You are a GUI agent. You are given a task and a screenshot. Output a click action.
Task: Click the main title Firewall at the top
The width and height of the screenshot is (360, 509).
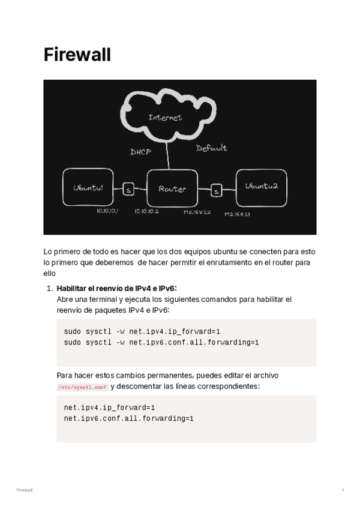(77, 55)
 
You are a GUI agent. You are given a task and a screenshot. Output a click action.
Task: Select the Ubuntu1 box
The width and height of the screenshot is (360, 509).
(89, 188)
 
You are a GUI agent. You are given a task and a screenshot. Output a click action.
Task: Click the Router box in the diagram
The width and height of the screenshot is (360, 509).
(172, 189)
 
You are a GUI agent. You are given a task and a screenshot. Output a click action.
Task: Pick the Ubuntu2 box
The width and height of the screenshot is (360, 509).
(262, 187)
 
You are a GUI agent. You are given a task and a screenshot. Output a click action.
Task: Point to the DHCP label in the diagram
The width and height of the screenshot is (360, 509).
(140, 152)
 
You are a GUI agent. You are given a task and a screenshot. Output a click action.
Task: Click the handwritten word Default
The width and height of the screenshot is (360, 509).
(211, 148)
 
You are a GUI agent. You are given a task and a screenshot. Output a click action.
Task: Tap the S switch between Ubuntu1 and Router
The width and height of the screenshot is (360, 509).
(128, 190)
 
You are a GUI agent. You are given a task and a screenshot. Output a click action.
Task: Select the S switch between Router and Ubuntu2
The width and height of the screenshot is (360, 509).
(217, 191)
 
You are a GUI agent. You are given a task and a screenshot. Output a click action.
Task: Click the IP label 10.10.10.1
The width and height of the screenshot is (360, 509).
(108, 211)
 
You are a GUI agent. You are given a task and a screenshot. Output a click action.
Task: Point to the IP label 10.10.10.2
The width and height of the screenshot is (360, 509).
(146, 211)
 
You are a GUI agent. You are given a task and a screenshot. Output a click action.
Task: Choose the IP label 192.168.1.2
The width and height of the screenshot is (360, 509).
(197, 212)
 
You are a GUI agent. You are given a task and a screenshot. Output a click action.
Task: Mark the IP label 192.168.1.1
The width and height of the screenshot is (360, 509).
(237, 214)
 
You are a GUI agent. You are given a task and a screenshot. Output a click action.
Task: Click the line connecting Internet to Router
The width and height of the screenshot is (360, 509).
(169, 157)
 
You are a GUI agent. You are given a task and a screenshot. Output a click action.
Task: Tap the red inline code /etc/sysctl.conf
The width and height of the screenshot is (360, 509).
(82, 388)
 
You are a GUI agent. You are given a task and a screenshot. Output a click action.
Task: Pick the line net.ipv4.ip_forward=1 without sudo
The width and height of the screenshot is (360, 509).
(110, 408)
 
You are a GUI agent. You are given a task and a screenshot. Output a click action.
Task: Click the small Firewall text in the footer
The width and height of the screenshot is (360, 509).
(24, 490)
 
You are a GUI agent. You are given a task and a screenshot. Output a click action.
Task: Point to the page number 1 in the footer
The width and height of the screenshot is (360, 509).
(343, 490)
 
